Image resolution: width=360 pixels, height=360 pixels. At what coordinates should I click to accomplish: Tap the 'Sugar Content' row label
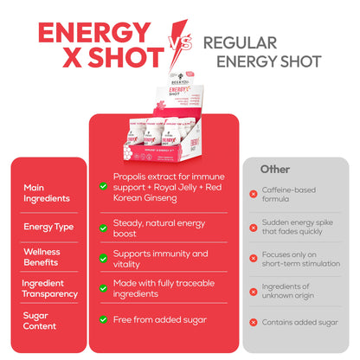[39, 320]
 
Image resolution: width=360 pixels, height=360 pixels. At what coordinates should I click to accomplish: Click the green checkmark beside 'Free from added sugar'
[104, 320]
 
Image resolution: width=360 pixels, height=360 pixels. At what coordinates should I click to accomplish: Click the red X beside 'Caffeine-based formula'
[253, 194]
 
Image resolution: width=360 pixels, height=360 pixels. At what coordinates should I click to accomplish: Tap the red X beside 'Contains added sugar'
[253, 321]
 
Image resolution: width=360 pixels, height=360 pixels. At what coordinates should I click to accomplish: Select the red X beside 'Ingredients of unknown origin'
[253, 290]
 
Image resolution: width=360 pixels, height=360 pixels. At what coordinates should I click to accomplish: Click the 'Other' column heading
[275, 169]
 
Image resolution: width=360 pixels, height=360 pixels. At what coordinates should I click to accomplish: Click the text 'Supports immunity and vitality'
[160, 259]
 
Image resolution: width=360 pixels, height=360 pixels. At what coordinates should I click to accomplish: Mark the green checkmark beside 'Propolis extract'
[104, 180]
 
